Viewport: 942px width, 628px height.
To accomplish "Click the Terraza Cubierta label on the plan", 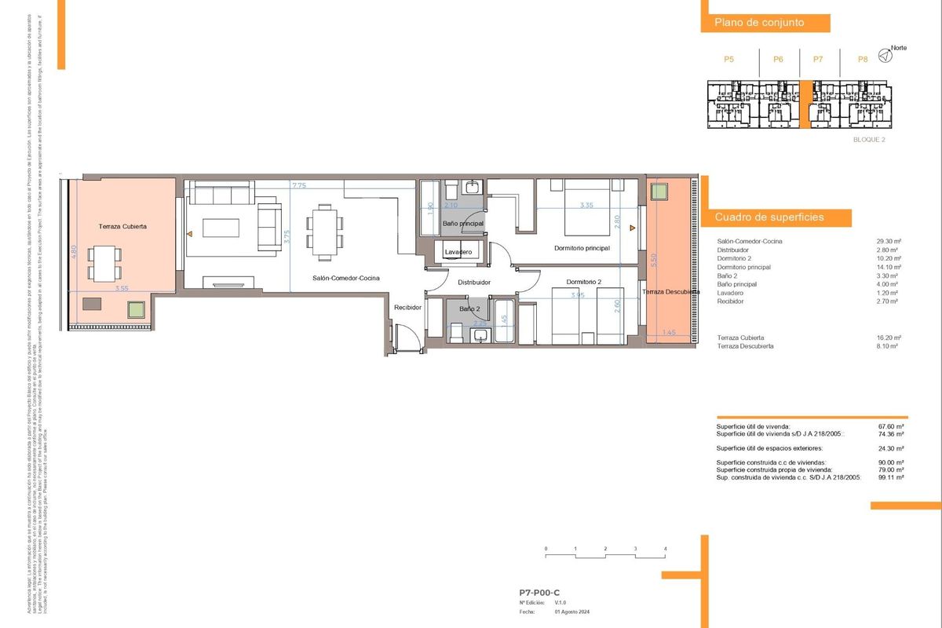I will pos(122,226).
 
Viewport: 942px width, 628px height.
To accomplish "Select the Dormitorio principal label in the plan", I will pos(581,248).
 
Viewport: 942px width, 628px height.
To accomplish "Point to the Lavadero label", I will pos(458,252).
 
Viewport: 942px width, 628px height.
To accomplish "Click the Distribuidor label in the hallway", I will pos(474,282).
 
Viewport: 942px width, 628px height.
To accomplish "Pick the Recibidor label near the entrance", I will pos(408,308).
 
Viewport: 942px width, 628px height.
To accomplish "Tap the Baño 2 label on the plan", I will pos(470,309).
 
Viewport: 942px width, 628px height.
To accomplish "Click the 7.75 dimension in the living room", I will pos(298,186).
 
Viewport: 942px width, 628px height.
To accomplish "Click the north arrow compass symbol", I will pos(885,55).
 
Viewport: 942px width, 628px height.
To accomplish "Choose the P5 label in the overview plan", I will pos(728,59).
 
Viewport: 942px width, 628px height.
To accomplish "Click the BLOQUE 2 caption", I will pos(868,140).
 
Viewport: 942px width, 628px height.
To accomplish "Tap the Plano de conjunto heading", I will pos(758,23).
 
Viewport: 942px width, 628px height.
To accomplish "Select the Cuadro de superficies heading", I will pos(769,217).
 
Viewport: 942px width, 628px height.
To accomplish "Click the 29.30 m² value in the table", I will pos(888,242).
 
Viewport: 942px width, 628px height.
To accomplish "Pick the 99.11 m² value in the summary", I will pos(891,477).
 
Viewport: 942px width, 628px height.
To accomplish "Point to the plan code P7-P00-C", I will pos(539,593).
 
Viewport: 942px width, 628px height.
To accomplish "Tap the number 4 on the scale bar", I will pos(665,549).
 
